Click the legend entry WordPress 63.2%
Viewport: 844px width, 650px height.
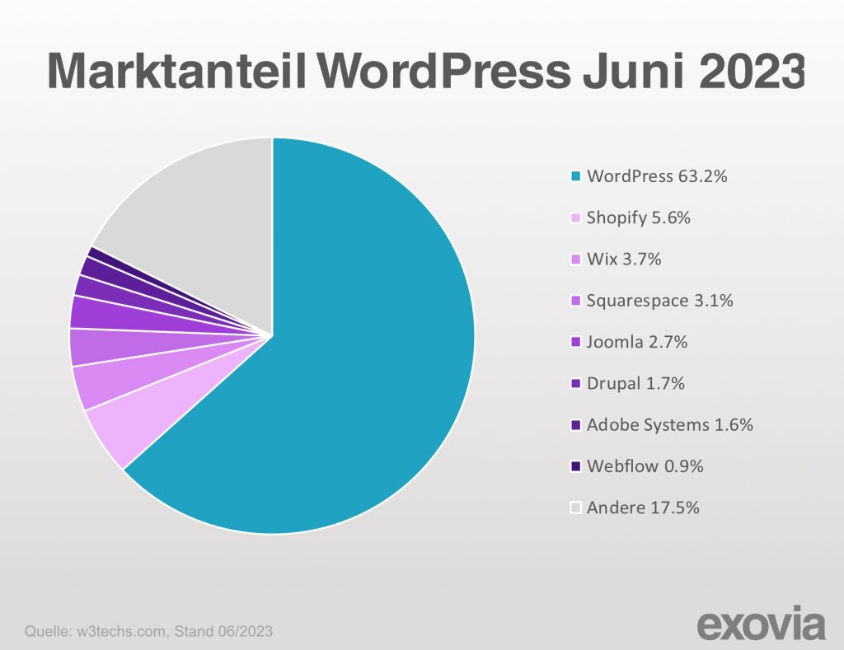click(657, 175)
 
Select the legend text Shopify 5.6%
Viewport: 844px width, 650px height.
click(638, 217)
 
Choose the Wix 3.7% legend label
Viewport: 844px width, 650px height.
click(624, 259)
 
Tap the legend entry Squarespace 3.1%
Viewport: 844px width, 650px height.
click(659, 301)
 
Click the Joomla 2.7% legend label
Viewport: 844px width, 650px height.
click(636, 342)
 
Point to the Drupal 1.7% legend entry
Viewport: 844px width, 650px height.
click(635, 383)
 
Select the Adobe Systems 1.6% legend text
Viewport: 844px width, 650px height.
click(669, 425)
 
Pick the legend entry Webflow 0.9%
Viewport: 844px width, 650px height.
click(645, 466)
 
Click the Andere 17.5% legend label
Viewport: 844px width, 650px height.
click(643, 507)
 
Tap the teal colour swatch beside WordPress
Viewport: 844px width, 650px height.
click(576, 176)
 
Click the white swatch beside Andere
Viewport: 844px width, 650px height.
click(576, 508)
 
